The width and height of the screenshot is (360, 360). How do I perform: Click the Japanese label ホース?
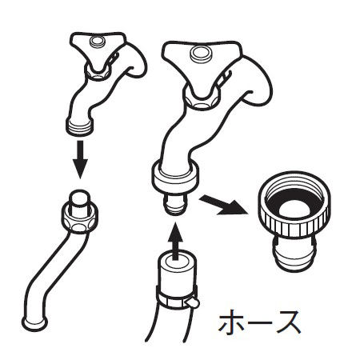point(259,322)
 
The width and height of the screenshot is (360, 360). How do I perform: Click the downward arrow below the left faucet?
point(80,159)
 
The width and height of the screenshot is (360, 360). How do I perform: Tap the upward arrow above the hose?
point(175,241)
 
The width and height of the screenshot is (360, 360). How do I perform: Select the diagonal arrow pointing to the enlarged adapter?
point(222,204)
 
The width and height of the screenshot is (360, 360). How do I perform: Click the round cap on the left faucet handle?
point(97,42)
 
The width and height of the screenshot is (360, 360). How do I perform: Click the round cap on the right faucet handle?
point(201,54)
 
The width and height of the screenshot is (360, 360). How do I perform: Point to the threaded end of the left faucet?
point(80,126)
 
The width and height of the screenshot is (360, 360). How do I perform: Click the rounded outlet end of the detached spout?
point(34,323)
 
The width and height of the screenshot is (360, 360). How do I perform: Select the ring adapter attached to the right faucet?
point(175,177)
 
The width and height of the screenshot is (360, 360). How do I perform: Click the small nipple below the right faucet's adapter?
point(175,204)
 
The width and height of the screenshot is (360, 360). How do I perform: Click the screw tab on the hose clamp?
point(193,303)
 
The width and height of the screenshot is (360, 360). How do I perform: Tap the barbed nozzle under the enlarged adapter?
point(294,254)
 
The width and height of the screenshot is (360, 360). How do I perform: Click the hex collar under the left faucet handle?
point(97,73)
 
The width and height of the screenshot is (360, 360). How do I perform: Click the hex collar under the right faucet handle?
point(202,99)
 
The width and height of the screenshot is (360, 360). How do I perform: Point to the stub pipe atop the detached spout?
point(80,202)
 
